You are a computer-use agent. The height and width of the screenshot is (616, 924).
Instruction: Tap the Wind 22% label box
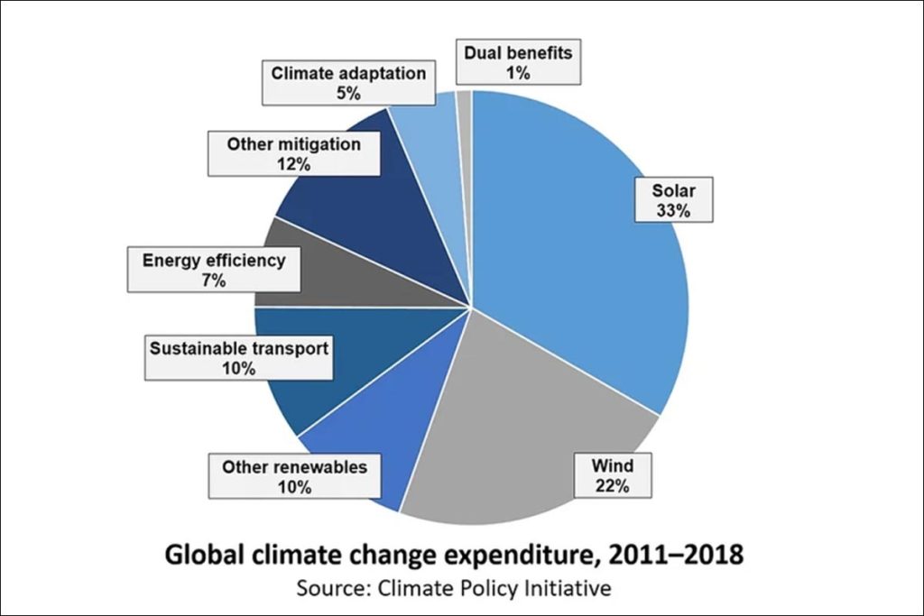pos(613,475)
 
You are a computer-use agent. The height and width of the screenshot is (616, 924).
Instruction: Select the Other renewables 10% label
pos(295,477)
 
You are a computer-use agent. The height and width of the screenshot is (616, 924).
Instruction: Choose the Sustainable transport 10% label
pos(239,357)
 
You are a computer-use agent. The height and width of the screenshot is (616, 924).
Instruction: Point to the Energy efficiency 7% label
pos(214,270)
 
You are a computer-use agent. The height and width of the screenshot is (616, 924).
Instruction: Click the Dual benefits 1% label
pos(517,61)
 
